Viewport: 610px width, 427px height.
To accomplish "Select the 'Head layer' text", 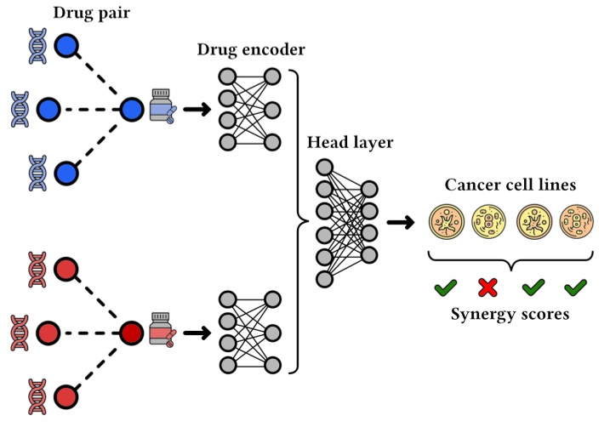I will (x=350, y=142).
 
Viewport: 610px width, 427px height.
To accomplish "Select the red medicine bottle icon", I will (x=161, y=331).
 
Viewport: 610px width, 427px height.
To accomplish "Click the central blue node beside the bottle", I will (x=131, y=110).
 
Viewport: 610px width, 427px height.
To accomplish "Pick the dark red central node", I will (x=131, y=331).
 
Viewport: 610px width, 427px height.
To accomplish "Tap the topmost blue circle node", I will (x=66, y=44).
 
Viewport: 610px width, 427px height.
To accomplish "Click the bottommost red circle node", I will (x=66, y=396).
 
